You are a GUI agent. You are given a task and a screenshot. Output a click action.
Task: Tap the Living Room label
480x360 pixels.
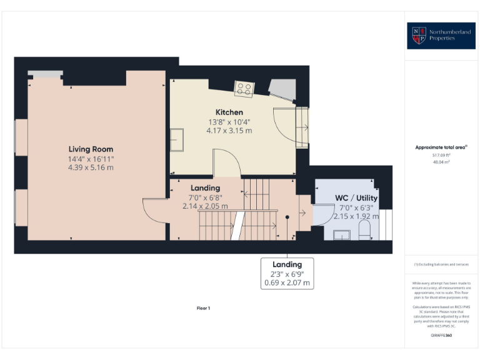click(91, 149)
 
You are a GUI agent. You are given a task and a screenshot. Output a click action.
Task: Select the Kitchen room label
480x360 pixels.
click(229, 112)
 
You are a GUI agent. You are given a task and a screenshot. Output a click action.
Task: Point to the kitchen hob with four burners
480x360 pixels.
click(244, 89)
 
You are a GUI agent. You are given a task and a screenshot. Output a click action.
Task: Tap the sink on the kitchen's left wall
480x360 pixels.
click(177, 139)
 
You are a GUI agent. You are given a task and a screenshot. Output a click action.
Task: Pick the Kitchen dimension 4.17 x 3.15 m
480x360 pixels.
click(229, 131)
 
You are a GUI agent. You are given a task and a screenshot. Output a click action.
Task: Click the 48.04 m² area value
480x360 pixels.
click(441, 161)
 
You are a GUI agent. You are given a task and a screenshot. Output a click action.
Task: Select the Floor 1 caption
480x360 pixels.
click(204, 308)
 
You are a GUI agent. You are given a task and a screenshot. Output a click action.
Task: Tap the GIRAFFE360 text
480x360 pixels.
click(441, 336)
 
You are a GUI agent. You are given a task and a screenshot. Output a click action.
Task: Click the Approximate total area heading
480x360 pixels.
click(441, 147)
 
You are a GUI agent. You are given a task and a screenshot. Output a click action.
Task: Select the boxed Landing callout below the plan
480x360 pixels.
click(287, 274)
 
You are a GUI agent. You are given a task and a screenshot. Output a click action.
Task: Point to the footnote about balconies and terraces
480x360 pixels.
click(441, 264)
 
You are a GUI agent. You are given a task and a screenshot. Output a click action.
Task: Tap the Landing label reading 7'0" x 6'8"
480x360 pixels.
click(205, 196)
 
